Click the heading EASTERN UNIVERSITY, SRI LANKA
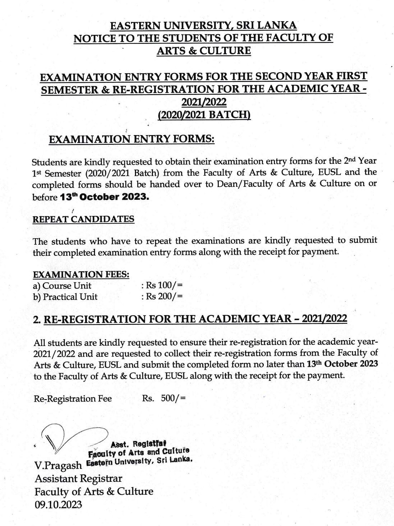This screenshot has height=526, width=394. [x=203, y=26]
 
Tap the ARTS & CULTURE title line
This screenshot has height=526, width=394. [x=203, y=50]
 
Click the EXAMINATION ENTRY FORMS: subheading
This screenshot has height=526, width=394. [x=131, y=139]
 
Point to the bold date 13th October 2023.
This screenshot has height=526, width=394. [x=104, y=197]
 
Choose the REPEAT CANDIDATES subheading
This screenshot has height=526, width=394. [x=83, y=219]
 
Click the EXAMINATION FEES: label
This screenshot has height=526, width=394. [x=81, y=274]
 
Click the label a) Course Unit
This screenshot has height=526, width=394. [x=62, y=286]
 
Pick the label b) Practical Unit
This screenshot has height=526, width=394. [x=65, y=297]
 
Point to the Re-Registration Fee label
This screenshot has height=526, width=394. [x=73, y=398]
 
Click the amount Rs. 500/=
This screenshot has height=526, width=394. [x=164, y=398]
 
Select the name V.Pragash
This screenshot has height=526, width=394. [x=58, y=466]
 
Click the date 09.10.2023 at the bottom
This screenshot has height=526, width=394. [x=58, y=504]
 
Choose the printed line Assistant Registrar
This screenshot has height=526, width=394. [x=78, y=479]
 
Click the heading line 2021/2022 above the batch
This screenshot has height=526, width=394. [x=204, y=102]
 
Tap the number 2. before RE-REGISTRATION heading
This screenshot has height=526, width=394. [x=37, y=319]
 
